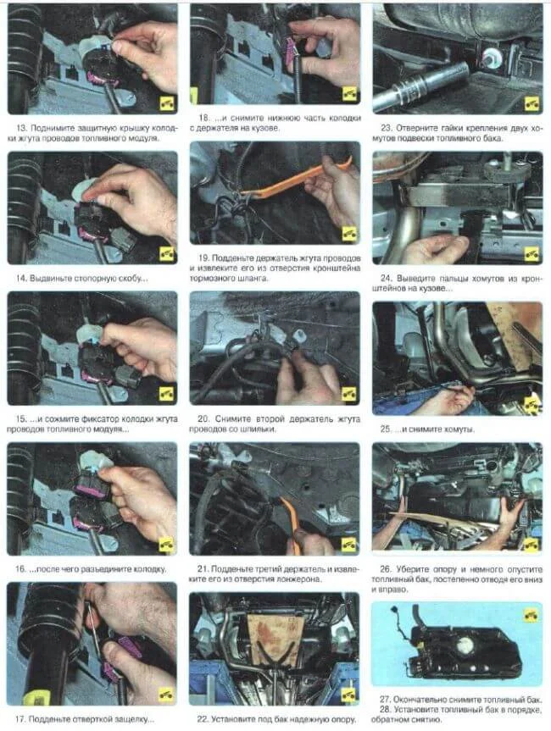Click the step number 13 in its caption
pos(21,128)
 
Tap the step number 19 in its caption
pos(203,258)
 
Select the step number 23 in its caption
pos(387,128)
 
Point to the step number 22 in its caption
pos(203,719)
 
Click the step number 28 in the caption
pos(385,710)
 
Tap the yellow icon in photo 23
pos(532,103)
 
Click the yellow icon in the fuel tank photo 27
pos(531,615)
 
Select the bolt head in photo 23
pos(492,57)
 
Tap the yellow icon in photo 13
pos(166,103)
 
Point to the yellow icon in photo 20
pos(348,393)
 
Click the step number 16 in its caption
pos(20,568)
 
